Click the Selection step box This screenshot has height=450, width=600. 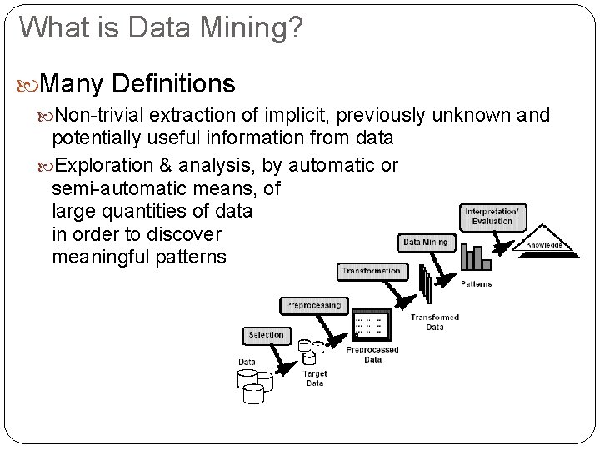coord(267,335)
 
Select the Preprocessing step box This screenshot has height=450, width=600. coord(313,306)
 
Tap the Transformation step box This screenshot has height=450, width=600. coord(371,271)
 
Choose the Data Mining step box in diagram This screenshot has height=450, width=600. coord(426,242)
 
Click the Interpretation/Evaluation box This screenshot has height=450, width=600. coord(492,217)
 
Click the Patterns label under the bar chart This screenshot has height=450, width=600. coord(477,283)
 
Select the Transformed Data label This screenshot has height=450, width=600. coord(435,322)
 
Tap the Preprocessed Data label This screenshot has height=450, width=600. coord(372,355)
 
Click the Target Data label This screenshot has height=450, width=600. coord(315,378)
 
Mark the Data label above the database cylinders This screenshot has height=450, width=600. coord(247,362)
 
